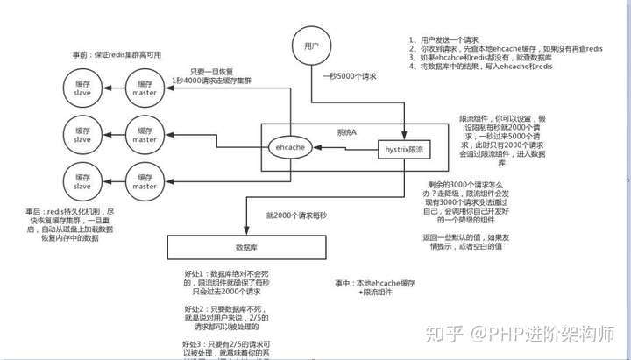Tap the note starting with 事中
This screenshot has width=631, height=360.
pyautogui.click(x=372, y=288)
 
